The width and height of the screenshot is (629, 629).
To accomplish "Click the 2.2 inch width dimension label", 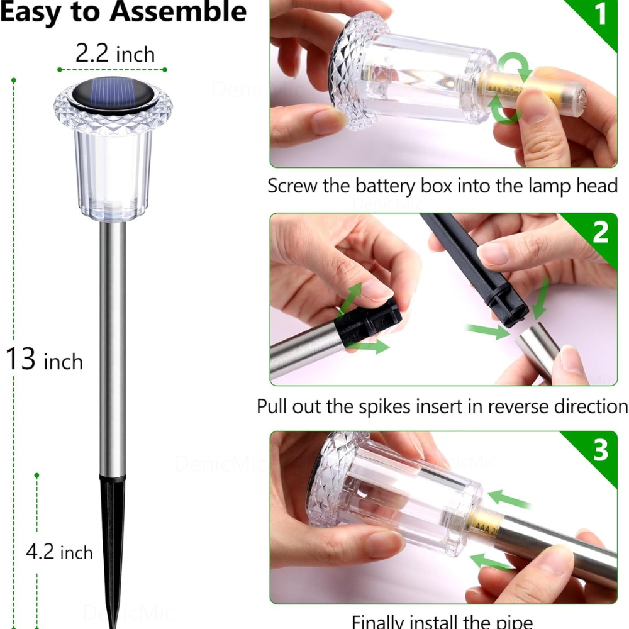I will tap(114, 53).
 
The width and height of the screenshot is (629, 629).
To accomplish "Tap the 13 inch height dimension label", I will tap(44, 360).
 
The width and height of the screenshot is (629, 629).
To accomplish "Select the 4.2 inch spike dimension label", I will tap(59, 552).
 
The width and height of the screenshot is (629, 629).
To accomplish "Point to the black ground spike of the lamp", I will tap(112, 535).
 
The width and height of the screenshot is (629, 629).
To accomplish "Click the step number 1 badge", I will tap(601, 14).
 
